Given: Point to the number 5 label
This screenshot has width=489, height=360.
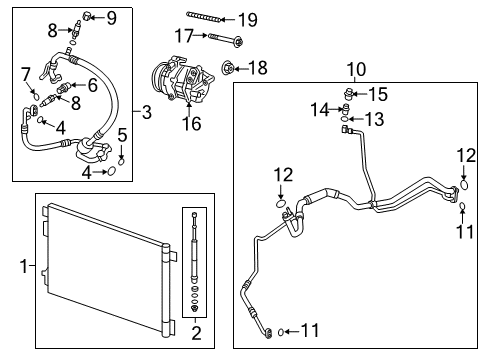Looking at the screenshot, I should (121, 134).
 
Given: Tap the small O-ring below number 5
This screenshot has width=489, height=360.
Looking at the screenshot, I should (121, 157).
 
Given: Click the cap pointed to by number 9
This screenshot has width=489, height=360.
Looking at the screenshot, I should (87, 15).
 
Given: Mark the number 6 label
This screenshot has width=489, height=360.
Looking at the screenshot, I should (92, 84).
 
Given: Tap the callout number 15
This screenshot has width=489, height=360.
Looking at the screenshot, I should (378, 94).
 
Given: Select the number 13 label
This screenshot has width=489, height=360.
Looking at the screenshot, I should (372, 118).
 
